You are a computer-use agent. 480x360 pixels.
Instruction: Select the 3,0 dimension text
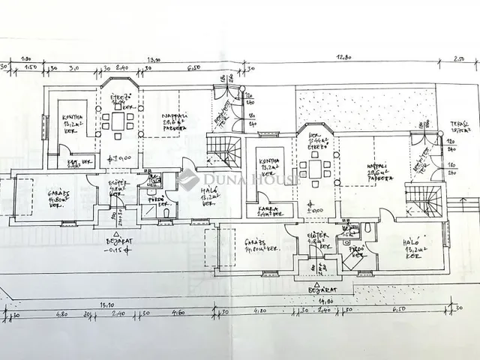[74, 67]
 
